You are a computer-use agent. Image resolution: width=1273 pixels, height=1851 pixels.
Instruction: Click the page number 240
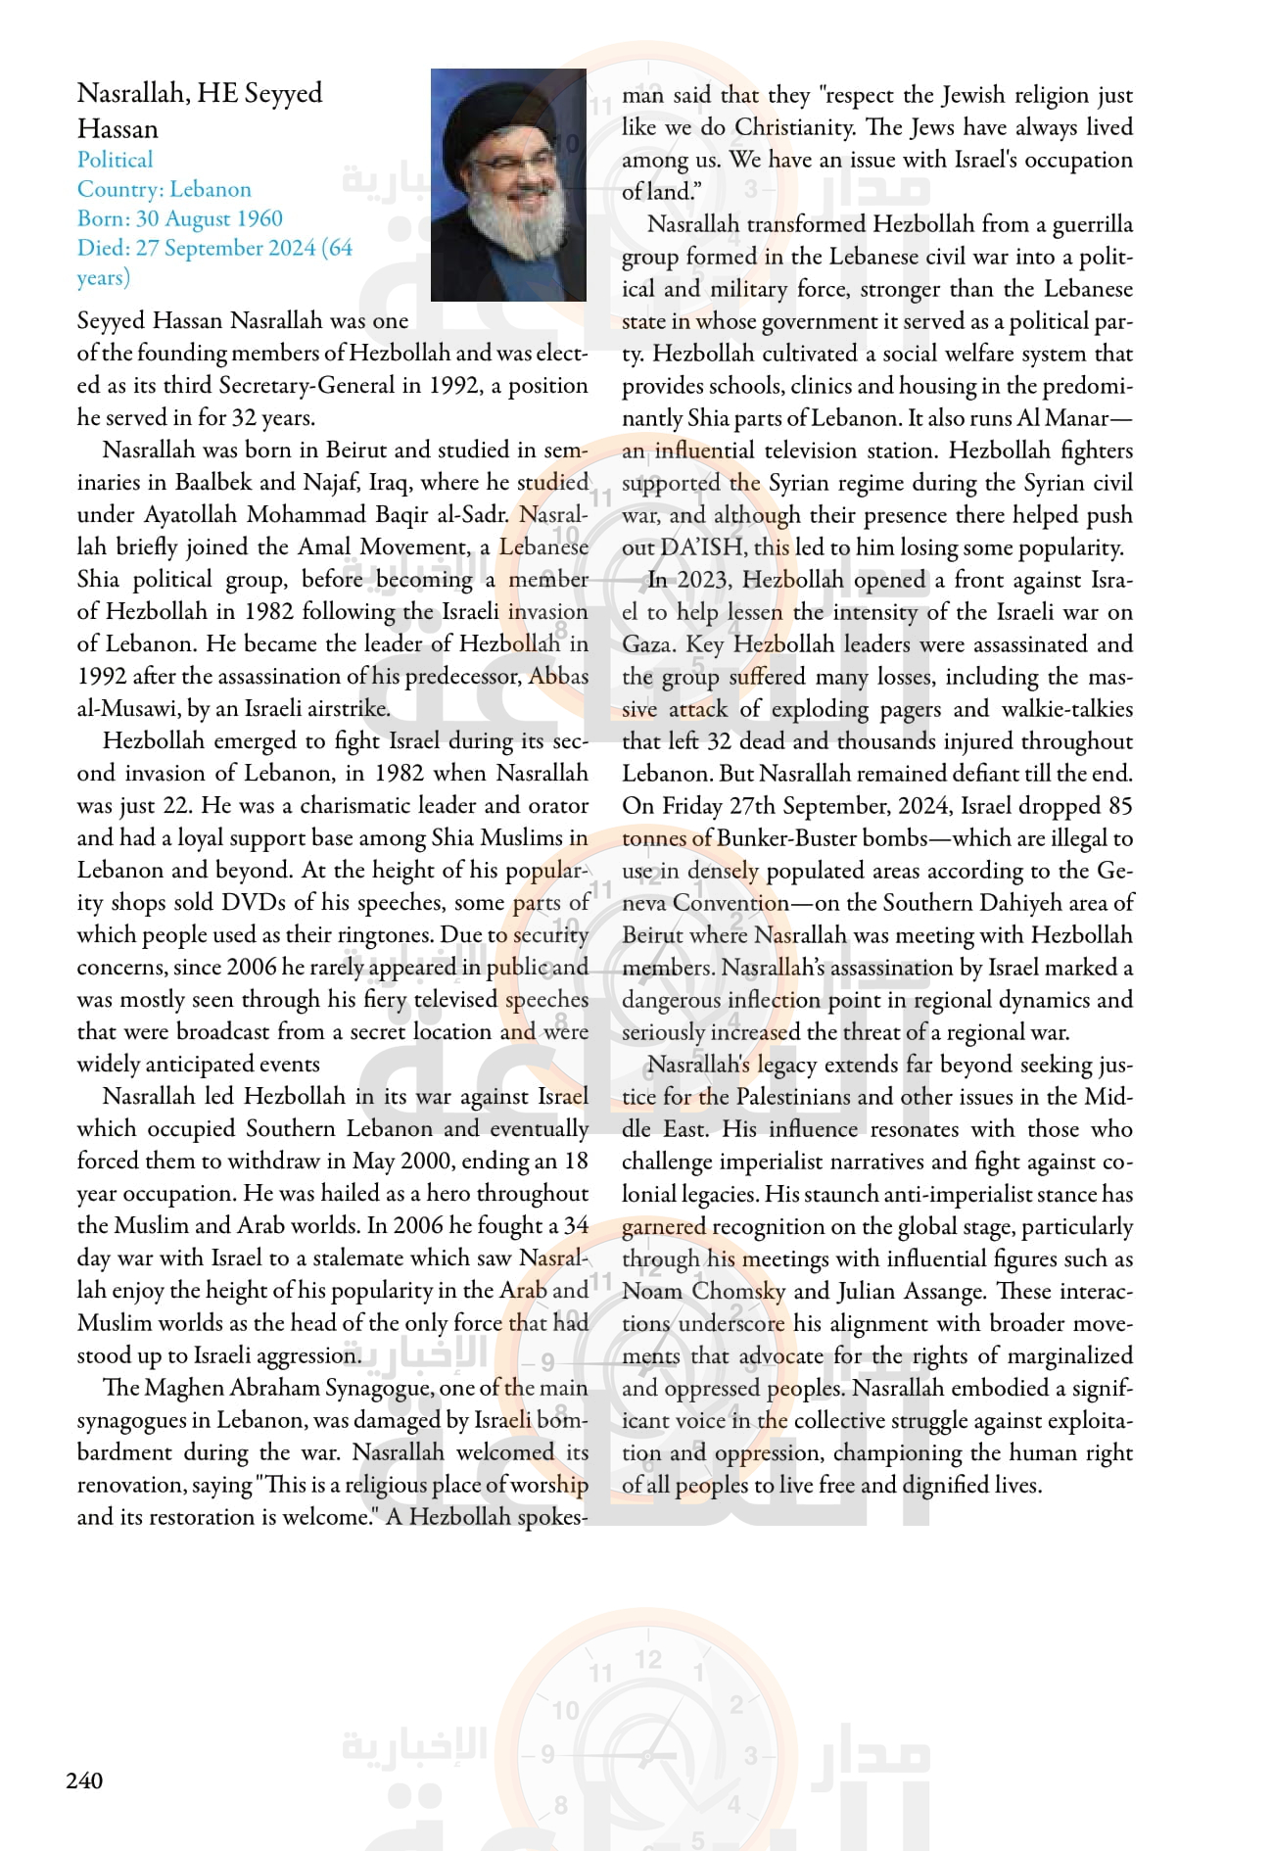click(x=84, y=1780)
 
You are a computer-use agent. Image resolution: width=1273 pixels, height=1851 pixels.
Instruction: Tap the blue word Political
click(x=116, y=160)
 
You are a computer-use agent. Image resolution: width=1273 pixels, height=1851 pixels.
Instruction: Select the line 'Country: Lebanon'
click(x=165, y=189)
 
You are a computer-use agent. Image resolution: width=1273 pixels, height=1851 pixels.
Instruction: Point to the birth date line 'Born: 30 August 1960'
click(x=180, y=218)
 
